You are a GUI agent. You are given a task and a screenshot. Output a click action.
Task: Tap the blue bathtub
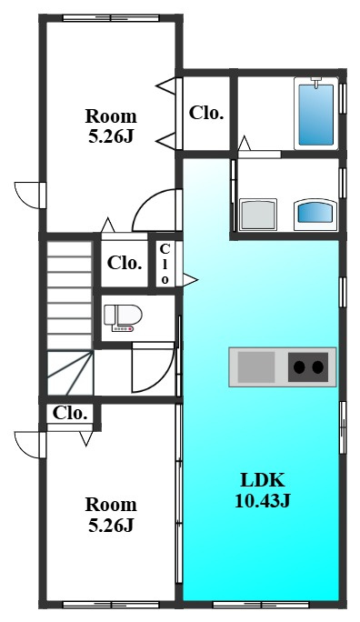316,115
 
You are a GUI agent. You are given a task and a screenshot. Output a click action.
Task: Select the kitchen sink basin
256,367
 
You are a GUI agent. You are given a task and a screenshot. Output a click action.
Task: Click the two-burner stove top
308,367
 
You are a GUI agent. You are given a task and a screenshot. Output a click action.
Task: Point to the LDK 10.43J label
263,490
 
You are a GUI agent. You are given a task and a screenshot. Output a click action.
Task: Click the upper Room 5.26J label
111,126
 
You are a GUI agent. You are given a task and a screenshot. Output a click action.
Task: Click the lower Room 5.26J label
111,515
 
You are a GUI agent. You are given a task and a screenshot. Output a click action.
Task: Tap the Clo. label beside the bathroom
206,113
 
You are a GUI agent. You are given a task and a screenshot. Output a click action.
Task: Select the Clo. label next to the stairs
125,263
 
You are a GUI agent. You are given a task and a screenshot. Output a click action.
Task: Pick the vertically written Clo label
165,265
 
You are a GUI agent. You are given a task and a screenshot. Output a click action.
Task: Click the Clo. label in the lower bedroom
70,414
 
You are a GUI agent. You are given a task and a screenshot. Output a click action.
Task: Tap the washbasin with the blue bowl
315,215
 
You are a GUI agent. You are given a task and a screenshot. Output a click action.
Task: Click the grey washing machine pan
258,215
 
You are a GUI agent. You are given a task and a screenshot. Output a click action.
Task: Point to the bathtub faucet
316,82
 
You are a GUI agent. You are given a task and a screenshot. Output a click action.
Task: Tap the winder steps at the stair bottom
71,373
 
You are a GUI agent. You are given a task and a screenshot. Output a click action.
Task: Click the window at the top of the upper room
111,18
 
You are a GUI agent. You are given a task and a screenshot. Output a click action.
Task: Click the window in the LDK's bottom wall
261,605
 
